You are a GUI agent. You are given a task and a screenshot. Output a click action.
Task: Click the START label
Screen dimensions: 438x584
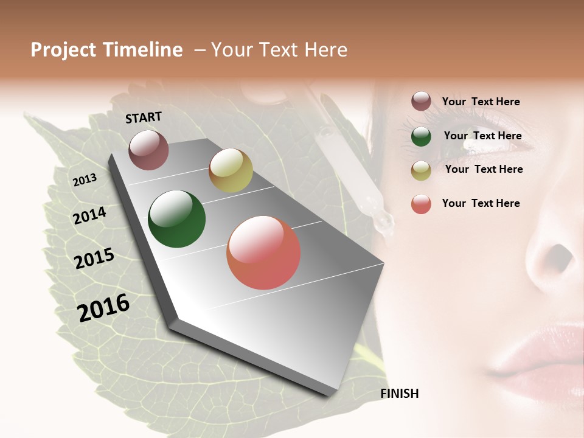tap(144, 117)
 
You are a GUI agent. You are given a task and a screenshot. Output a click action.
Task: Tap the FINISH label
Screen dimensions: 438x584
tap(400, 394)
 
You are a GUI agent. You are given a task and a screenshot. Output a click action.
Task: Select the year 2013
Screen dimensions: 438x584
tap(85, 179)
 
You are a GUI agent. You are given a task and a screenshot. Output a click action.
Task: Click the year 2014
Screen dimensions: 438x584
tap(89, 215)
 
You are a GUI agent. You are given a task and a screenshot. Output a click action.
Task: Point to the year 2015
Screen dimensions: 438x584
tap(94, 259)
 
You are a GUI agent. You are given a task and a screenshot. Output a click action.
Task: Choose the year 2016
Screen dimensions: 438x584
tap(103, 307)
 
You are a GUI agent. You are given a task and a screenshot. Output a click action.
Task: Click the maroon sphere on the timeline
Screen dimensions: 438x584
tap(148, 150)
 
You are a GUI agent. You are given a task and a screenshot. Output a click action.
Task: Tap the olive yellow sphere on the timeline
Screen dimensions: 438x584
tap(231, 170)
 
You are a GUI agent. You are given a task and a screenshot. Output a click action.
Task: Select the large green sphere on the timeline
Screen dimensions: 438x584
tap(176, 219)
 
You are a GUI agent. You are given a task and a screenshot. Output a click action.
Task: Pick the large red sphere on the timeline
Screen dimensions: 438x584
tap(263, 252)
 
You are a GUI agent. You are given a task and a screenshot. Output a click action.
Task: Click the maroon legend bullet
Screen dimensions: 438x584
tap(421, 102)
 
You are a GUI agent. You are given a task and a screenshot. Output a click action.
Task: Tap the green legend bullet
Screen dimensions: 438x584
tap(421, 136)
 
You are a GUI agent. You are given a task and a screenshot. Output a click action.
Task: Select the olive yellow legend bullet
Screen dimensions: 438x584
tap(421, 170)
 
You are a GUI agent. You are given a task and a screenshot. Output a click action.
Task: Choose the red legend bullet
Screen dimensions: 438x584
tap(421, 204)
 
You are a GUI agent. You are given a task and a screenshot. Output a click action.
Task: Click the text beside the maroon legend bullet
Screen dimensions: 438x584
tap(481, 102)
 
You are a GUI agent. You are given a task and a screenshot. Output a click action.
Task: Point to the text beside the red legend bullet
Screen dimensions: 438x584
tap(481, 203)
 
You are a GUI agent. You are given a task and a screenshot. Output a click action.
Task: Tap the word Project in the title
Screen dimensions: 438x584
tap(63, 50)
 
